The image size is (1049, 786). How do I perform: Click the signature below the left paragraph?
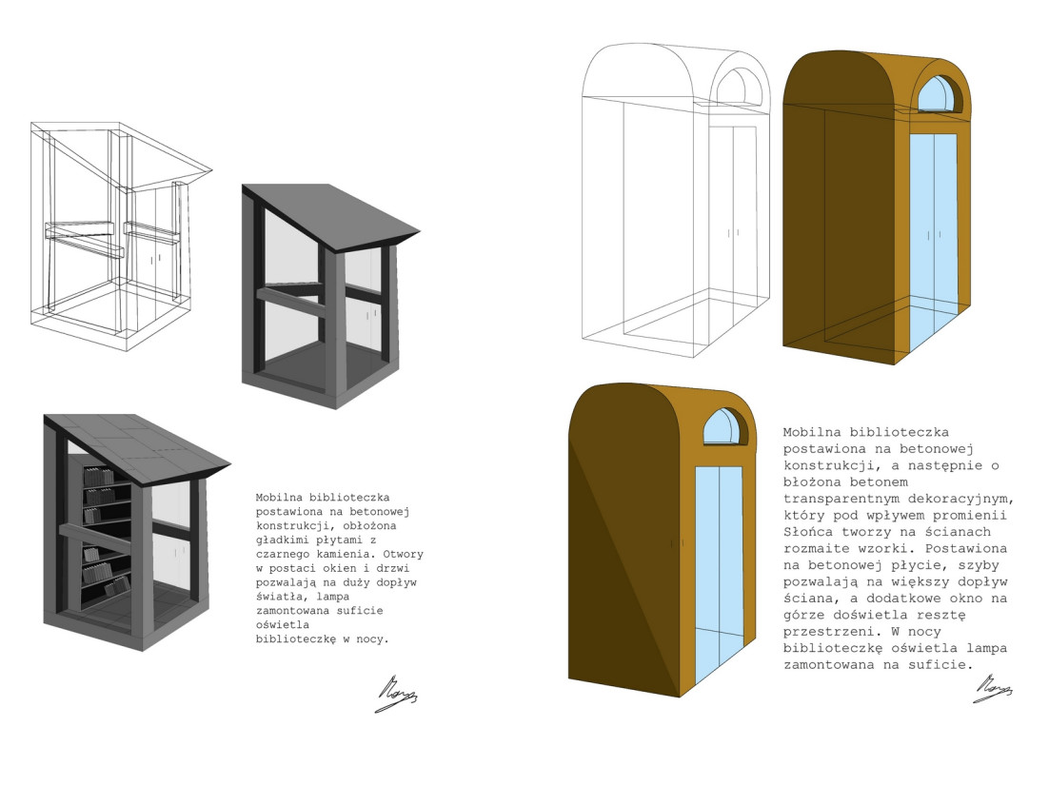pyautogui.click(x=396, y=695)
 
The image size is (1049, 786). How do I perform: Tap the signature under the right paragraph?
pyautogui.click(x=993, y=686)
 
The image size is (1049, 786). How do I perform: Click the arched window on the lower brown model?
pyautogui.click(x=723, y=427)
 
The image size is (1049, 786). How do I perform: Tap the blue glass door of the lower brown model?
pyautogui.click(x=719, y=571)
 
